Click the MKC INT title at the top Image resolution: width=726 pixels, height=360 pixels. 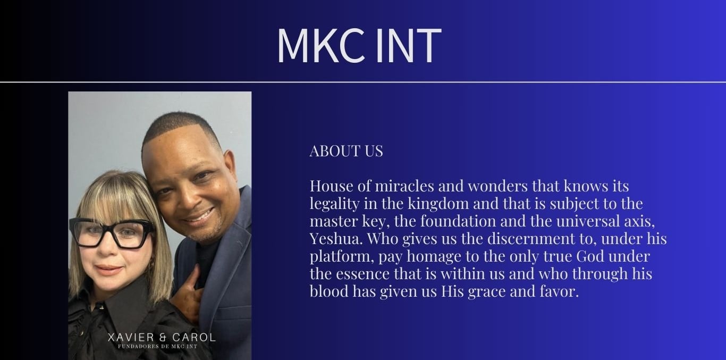pyautogui.click(x=359, y=46)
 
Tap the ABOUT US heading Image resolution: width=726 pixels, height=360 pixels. pyautogui.click(x=346, y=151)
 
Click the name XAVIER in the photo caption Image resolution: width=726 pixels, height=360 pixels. pyautogui.click(x=131, y=337)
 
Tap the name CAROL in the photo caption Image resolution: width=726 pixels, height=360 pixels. pyautogui.click(x=198, y=337)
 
